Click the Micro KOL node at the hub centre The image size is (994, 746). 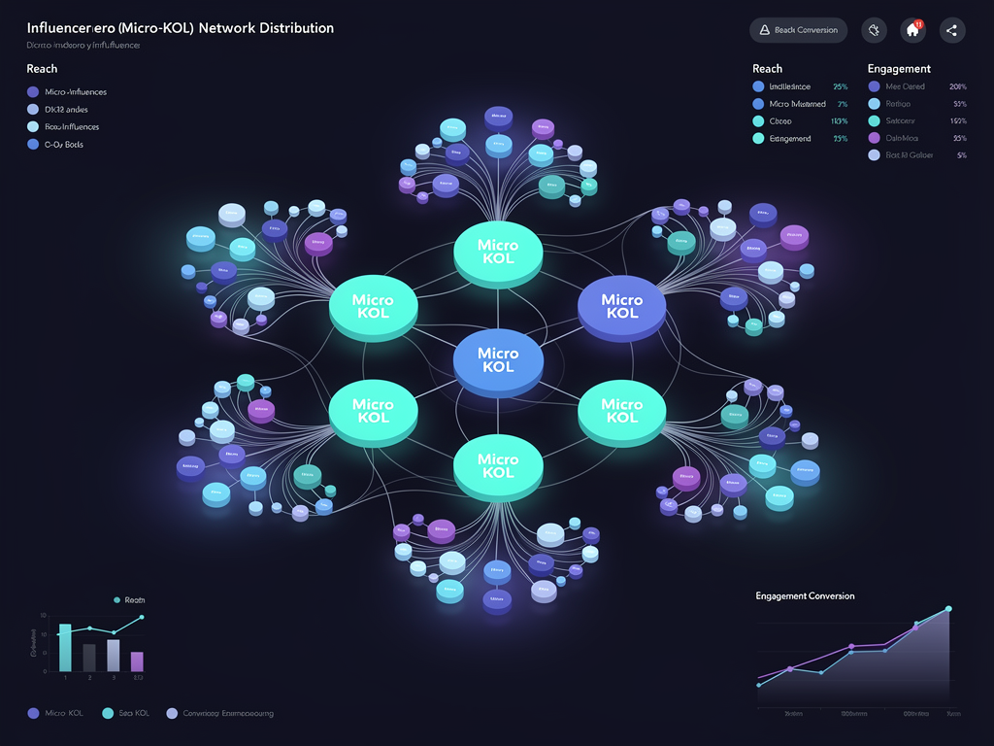coord(498,361)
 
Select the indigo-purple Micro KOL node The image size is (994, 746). coord(621,307)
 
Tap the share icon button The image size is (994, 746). coord(952,30)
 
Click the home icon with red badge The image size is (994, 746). coord(912,30)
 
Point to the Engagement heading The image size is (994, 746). coord(899,69)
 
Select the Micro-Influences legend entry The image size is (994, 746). coord(75,92)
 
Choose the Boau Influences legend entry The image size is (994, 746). coord(72,127)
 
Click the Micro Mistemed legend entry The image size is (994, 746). coord(796,104)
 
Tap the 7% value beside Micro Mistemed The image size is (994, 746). coord(842,104)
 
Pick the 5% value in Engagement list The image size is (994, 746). coord(961,155)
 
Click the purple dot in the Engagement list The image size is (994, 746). coord(874,139)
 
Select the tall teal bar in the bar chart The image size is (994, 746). coord(65,647)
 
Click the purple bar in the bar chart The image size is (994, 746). coord(137,661)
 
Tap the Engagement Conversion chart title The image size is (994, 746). coord(805,595)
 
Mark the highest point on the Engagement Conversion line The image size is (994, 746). coord(948,609)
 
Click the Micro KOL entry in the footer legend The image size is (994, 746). coord(62,713)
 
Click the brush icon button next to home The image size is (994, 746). coord(874,30)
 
